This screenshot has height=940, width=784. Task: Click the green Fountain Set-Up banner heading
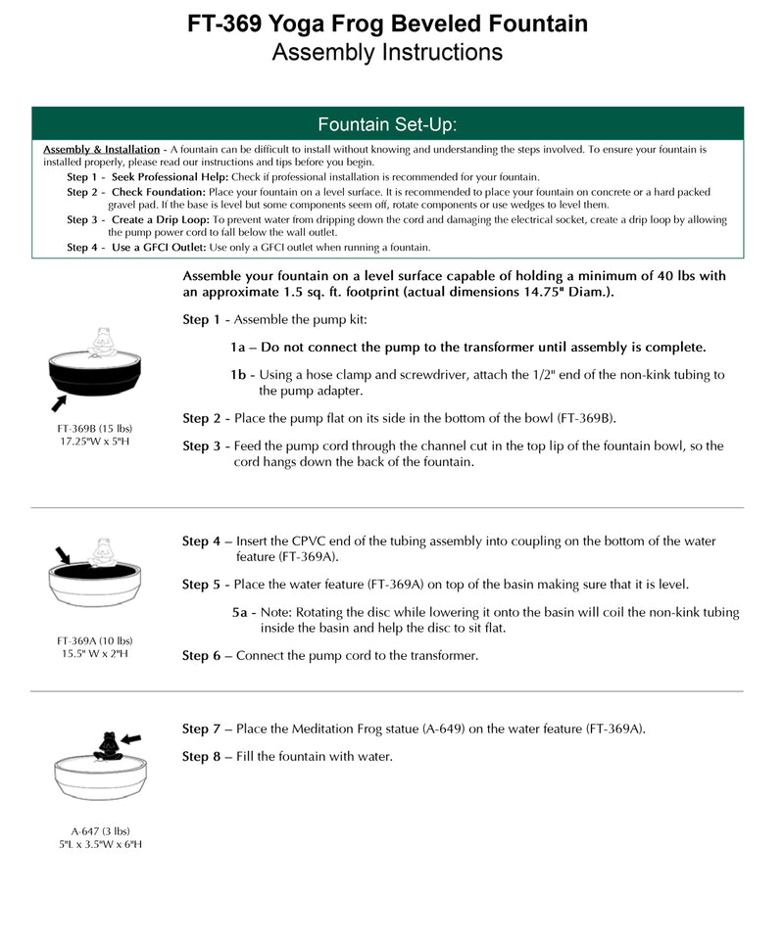(387, 124)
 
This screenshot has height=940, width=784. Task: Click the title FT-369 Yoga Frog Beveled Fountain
(388, 23)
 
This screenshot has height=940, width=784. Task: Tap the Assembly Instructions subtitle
(387, 52)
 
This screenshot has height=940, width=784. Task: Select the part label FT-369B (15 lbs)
(94, 428)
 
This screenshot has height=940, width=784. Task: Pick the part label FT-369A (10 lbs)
(94, 641)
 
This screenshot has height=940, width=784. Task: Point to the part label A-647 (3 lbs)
(94, 831)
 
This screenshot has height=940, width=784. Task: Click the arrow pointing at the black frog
(129, 737)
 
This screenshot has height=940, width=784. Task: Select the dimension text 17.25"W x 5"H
(94, 442)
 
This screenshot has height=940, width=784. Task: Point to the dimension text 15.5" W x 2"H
(94, 654)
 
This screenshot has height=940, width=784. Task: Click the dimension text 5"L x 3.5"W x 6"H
(94, 844)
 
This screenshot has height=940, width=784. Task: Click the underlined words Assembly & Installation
(102, 149)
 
